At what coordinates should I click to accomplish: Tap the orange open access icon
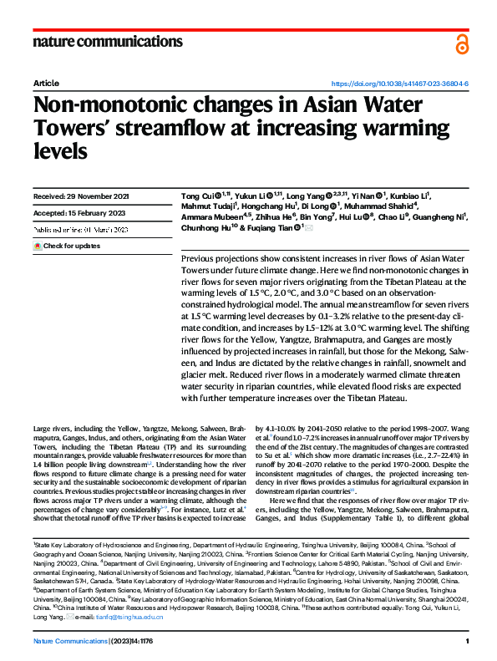click(462, 44)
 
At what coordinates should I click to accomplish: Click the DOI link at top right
click(400, 84)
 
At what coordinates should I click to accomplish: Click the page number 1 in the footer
click(468, 641)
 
